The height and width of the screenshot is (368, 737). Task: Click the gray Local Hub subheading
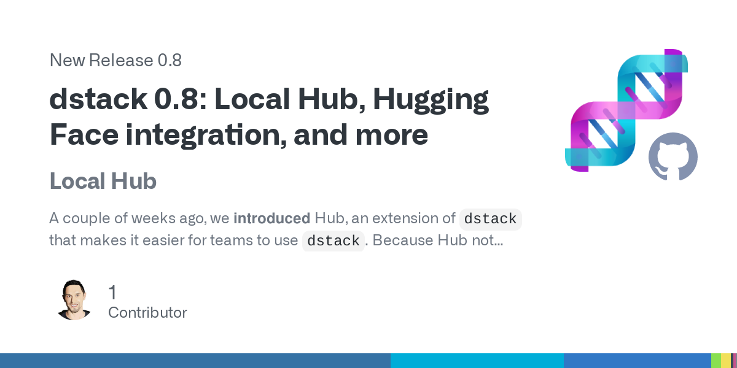pyautogui.click(x=103, y=182)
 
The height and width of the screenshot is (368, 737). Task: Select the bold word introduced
pyautogui.click(x=271, y=218)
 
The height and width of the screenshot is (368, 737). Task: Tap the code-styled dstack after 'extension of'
pyautogui.click(x=490, y=218)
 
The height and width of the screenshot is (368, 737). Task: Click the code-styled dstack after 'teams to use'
pyautogui.click(x=333, y=240)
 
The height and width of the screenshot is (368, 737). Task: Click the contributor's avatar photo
pyautogui.click(x=74, y=300)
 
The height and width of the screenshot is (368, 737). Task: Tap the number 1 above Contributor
pyautogui.click(x=112, y=293)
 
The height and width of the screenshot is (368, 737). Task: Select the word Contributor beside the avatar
pyautogui.click(x=147, y=313)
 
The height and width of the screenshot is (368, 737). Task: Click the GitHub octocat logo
pyautogui.click(x=673, y=157)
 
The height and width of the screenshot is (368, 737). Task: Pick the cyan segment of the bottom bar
pyautogui.click(x=477, y=361)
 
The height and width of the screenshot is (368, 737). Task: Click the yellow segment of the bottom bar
pyautogui.click(x=725, y=361)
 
